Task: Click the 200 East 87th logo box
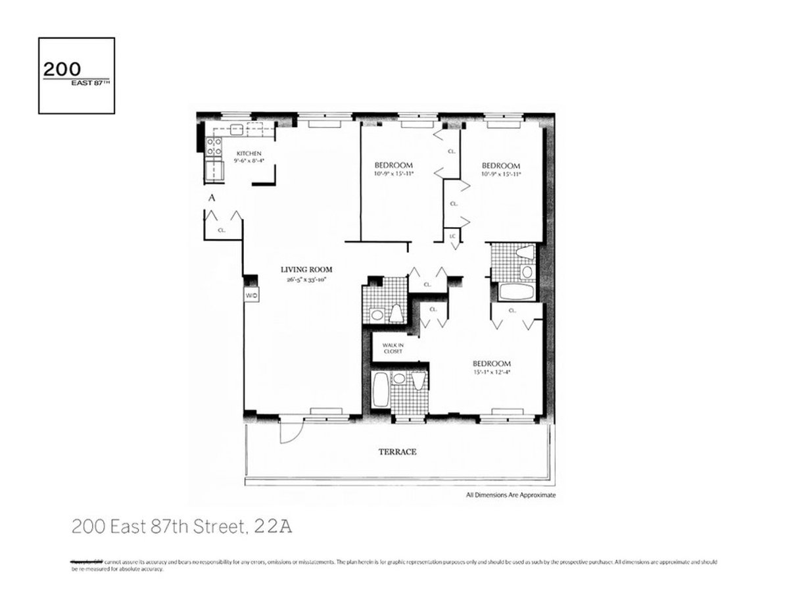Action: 76,76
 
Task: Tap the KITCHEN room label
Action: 249,154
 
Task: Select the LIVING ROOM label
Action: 306,269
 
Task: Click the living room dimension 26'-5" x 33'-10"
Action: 306,279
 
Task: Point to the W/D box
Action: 251,296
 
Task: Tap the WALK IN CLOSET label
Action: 388,347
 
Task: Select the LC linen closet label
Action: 453,236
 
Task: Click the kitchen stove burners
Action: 213,146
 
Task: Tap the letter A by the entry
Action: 211,197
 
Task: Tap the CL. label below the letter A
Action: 222,230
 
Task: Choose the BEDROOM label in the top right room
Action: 501,166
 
